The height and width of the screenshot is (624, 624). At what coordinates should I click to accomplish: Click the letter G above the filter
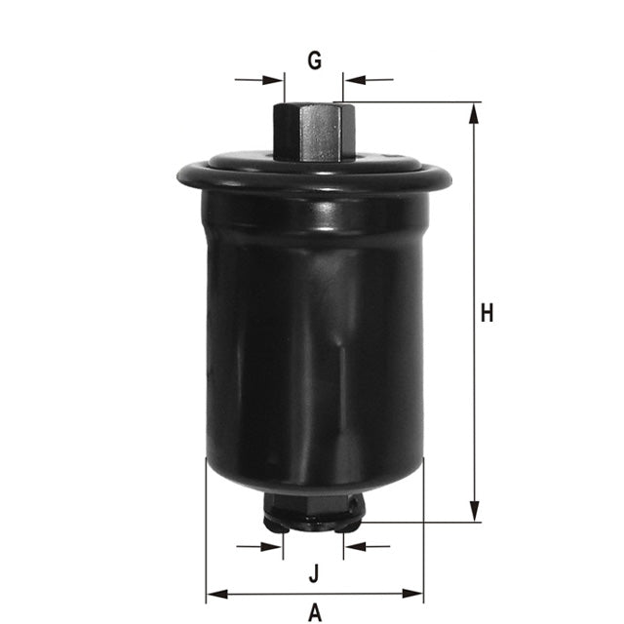(x=314, y=60)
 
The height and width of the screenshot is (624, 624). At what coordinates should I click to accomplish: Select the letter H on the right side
(x=487, y=313)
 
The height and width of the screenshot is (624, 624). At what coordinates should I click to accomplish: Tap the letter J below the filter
(x=314, y=572)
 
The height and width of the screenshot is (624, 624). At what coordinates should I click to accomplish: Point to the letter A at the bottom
(x=314, y=612)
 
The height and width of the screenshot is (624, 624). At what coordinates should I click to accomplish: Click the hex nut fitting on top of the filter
(x=313, y=132)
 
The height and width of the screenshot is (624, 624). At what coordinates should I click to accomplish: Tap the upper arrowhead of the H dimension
(x=475, y=111)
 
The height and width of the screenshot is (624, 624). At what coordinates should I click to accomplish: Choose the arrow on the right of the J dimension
(x=354, y=546)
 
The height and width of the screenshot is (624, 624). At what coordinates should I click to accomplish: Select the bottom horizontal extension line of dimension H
(x=429, y=523)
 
